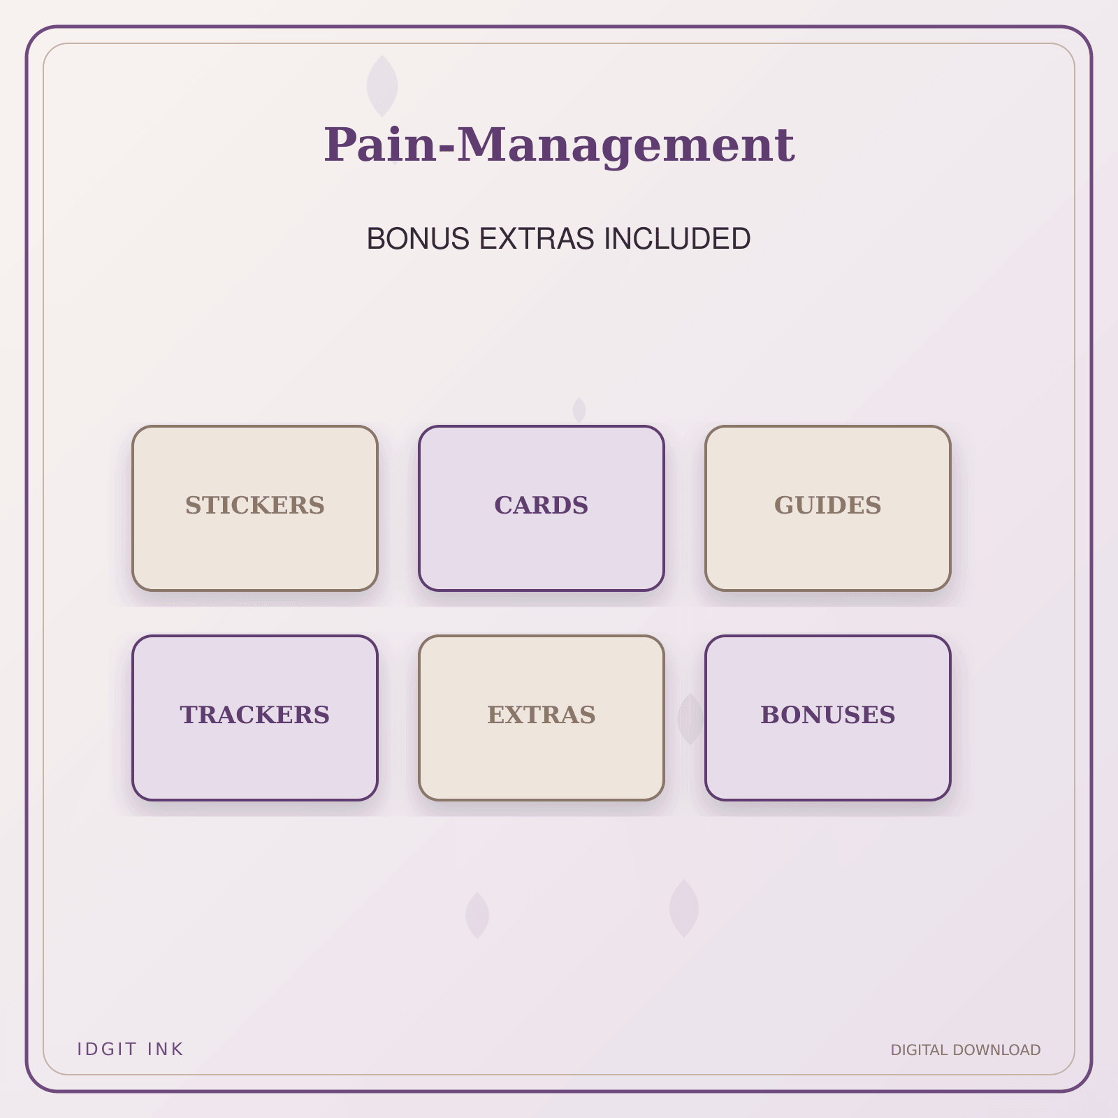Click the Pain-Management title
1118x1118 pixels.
(x=559, y=145)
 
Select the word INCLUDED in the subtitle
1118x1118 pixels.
(x=678, y=239)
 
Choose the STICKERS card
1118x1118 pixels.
(x=255, y=508)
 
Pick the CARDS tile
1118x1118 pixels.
(x=542, y=508)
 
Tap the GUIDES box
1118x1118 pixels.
(x=828, y=508)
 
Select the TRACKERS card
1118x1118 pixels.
(x=255, y=718)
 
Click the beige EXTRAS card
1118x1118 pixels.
(x=542, y=718)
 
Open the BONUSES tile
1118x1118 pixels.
(x=828, y=718)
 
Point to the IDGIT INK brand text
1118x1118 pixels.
(x=130, y=1049)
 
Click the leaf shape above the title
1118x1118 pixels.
(x=382, y=86)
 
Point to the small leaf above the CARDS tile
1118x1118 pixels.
(x=579, y=410)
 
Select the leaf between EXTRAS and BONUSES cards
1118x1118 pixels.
(x=690, y=719)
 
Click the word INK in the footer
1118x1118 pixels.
(x=166, y=1049)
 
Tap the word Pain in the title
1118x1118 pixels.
(x=381, y=145)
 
